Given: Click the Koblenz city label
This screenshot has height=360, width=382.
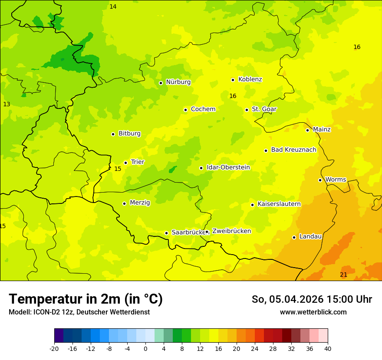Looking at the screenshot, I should pos(250,79).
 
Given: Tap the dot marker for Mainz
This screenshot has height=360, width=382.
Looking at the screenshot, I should pos(307,130).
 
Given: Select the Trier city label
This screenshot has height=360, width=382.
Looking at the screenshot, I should pos(138,162).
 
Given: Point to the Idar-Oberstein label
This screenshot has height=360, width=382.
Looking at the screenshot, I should pos(228,167).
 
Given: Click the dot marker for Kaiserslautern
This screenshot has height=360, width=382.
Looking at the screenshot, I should pos(252,205).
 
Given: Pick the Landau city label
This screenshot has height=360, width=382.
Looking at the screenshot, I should pos(310,236).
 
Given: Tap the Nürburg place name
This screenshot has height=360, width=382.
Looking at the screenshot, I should pos(178,82).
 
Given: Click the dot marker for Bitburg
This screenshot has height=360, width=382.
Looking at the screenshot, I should pos(113,134).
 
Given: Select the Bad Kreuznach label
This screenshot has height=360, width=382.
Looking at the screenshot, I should pos(293,150).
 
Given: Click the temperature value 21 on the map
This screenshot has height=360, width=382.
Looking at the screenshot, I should pos(343,275).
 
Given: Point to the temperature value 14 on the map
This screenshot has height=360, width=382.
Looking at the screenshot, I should pos(113,7).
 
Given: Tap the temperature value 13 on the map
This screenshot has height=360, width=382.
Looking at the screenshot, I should pos(7,104).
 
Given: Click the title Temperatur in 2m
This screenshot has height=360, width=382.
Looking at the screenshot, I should pos(86,299).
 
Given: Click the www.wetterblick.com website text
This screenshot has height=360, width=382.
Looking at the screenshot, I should pos(313,312).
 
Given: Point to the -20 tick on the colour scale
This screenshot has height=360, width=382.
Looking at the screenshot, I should pos(54,348).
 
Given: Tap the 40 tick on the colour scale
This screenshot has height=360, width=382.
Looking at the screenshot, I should pos(328,348).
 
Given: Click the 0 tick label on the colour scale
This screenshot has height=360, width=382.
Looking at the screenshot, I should pos(145,348).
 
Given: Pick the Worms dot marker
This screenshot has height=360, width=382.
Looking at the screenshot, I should pos(320,180).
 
